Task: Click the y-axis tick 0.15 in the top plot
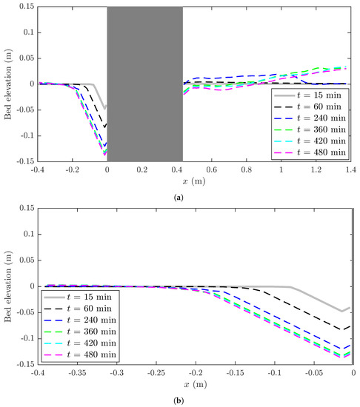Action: [x=24, y=7]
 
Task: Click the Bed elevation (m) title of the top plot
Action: [x=7, y=84]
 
